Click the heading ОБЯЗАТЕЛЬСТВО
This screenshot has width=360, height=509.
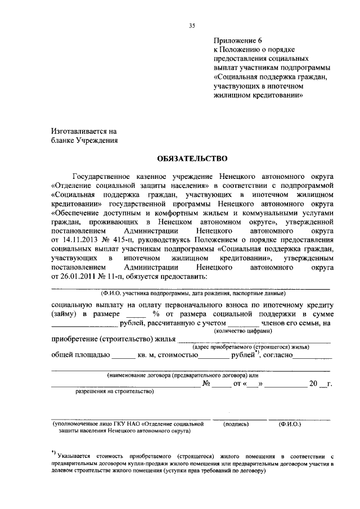coord(191,159)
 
